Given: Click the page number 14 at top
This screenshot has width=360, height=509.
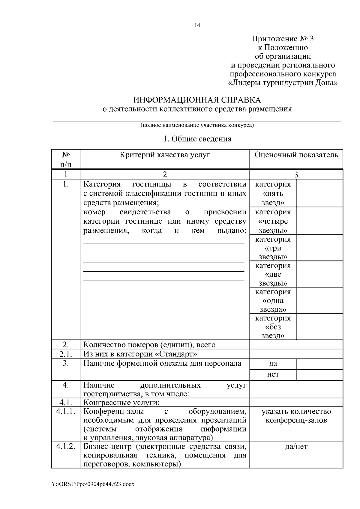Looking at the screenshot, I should [x=197, y=25].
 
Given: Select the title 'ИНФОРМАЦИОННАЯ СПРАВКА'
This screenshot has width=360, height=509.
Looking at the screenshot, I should [x=197, y=100].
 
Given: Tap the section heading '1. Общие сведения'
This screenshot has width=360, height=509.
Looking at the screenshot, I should [x=197, y=139].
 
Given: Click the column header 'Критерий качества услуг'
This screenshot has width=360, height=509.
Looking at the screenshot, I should [x=165, y=155].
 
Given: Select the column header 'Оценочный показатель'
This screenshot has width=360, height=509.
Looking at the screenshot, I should [x=296, y=155].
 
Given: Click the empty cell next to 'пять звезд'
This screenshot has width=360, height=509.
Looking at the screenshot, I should [x=319, y=193].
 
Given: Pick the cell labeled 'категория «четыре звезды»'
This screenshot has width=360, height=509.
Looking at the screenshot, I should [x=273, y=221].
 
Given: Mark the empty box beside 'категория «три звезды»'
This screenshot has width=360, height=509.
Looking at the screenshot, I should [x=319, y=248].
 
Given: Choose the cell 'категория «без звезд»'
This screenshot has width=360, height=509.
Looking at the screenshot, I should [x=273, y=326].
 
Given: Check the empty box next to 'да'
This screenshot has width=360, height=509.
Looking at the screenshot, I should [x=319, y=364].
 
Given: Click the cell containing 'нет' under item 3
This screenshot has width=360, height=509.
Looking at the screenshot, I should [x=273, y=374].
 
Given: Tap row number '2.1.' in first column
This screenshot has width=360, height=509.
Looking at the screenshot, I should [x=65, y=354].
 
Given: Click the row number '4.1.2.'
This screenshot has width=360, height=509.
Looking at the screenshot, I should [x=65, y=446].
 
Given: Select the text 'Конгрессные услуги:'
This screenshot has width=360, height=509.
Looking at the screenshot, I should [x=121, y=402].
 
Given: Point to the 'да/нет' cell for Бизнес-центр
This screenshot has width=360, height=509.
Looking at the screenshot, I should [x=296, y=447].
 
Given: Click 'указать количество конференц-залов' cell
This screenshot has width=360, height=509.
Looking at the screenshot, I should [x=296, y=416].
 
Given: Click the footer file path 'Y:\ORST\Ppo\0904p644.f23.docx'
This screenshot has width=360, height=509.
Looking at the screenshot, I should [x=93, y=484].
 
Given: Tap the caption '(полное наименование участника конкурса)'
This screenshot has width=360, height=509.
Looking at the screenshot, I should [x=197, y=125].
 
